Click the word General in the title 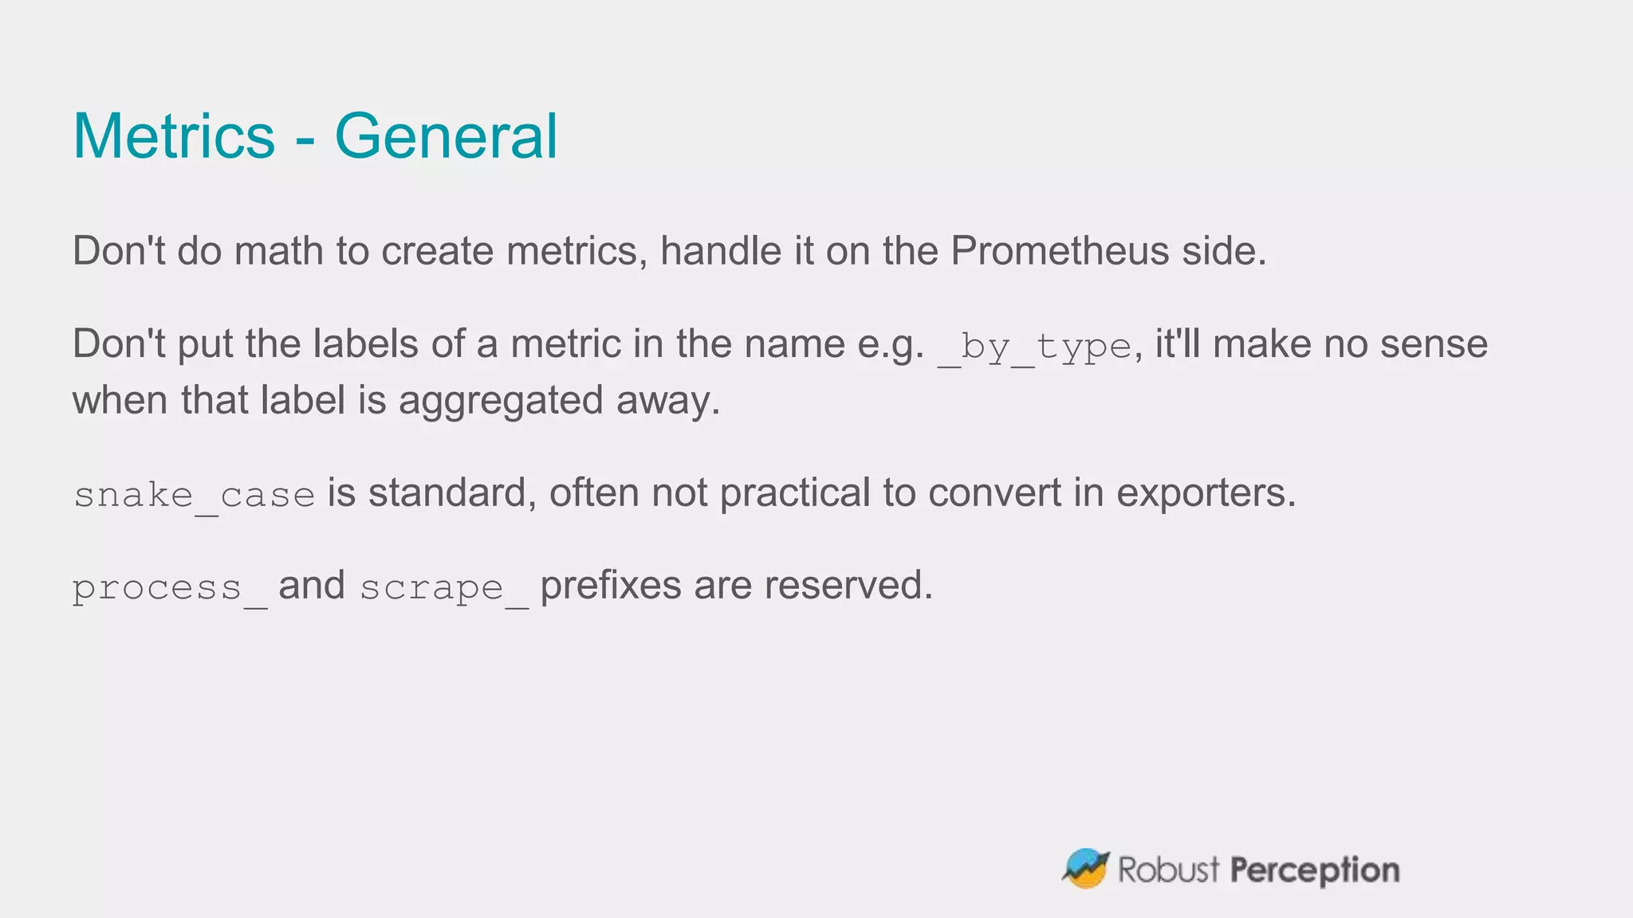[446, 136]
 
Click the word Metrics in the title [174, 136]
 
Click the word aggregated [501, 401]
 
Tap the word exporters [1206, 493]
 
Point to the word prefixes [611, 586]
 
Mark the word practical [795, 493]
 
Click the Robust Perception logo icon [1085, 869]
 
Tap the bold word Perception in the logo [1315, 870]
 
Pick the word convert [994, 493]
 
